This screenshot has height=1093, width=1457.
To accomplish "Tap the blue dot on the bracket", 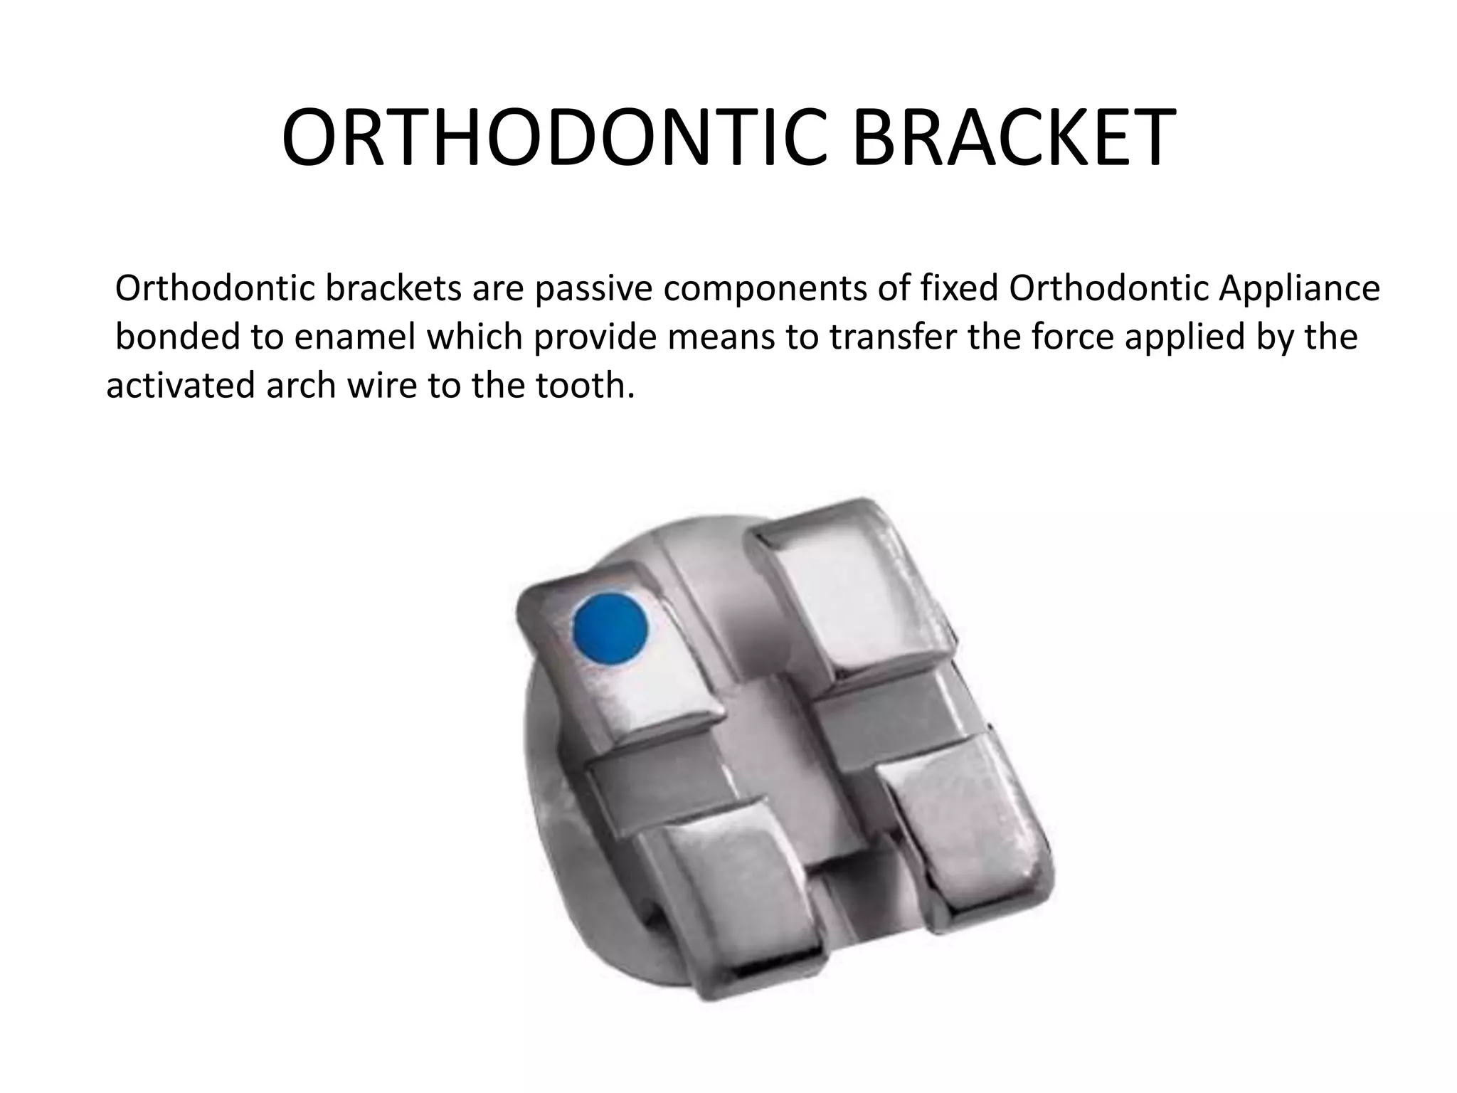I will [610, 628].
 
